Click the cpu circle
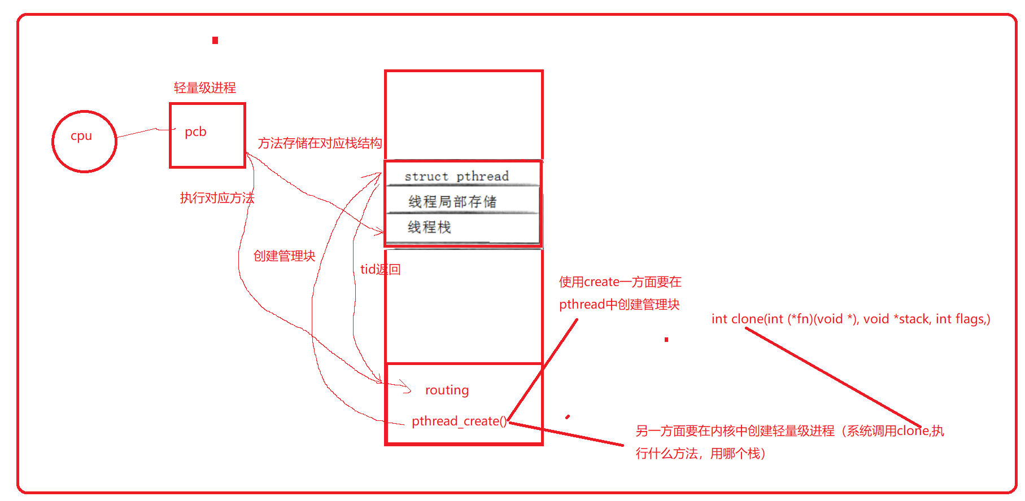pos(84,141)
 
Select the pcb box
pos(207,135)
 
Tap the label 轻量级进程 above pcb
pos(204,88)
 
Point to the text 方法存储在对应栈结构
pos(320,143)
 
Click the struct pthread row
pos(456,176)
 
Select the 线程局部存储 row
pos(452,201)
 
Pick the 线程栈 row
pos(429,227)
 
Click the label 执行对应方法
pos(217,198)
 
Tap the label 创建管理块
pos(284,256)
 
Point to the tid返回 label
pos(380,270)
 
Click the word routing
pos(447,390)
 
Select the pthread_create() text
pos(459,421)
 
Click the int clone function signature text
pos(850,319)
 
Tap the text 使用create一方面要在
pos(620,282)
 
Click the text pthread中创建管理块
pos(619,305)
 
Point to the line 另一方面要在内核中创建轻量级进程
pos(790,432)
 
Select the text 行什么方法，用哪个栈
pos(700,454)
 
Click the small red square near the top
pos(215,40)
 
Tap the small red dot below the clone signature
pos(666,340)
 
